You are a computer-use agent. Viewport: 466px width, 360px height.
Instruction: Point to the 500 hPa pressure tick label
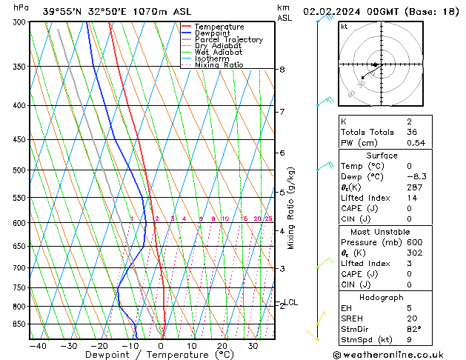tap(19, 170)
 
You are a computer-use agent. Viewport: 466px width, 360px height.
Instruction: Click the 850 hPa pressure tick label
tap(19, 324)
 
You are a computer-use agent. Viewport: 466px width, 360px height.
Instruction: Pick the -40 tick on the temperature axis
tap(38, 346)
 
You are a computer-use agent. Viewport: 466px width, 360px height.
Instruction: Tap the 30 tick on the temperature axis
tap(253, 346)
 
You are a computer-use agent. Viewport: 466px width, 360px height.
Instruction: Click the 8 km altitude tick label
tap(282, 70)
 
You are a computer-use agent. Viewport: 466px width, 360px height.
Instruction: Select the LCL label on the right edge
tap(291, 302)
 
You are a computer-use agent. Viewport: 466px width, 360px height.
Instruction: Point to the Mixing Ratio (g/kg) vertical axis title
tap(291, 208)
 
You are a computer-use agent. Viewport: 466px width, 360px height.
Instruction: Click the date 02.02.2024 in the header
tap(330, 12)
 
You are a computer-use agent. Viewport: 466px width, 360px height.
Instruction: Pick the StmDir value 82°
tap(414, 330)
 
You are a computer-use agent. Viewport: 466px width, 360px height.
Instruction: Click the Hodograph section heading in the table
tap(382, 296)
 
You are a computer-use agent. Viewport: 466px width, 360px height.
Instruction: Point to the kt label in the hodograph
tap(344, 26)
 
